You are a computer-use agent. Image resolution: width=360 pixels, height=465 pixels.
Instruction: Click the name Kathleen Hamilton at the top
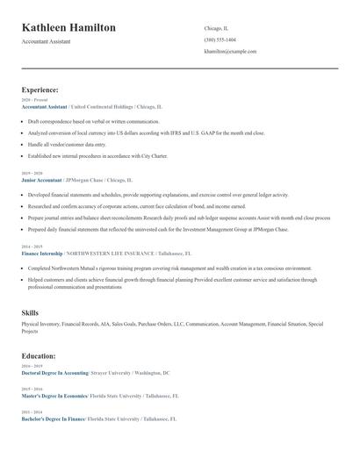point(68,28)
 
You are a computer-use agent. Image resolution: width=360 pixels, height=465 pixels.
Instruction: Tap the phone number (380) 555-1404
point(220,39)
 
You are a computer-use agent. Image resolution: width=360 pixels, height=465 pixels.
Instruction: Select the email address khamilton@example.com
point(230,51)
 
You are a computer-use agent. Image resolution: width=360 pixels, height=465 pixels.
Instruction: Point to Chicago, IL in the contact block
point(216,28)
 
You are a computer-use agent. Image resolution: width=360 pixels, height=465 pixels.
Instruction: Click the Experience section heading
point(40,89)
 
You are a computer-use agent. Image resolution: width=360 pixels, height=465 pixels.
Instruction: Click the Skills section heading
point(30,312)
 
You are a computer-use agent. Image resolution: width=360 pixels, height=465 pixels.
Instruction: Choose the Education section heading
point(39,356)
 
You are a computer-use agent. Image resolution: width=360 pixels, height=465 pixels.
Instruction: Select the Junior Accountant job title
point(41,180)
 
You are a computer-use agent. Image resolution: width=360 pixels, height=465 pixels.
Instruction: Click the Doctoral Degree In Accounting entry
point(54,373)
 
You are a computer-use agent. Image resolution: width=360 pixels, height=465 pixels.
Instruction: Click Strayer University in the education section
point(112,373)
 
